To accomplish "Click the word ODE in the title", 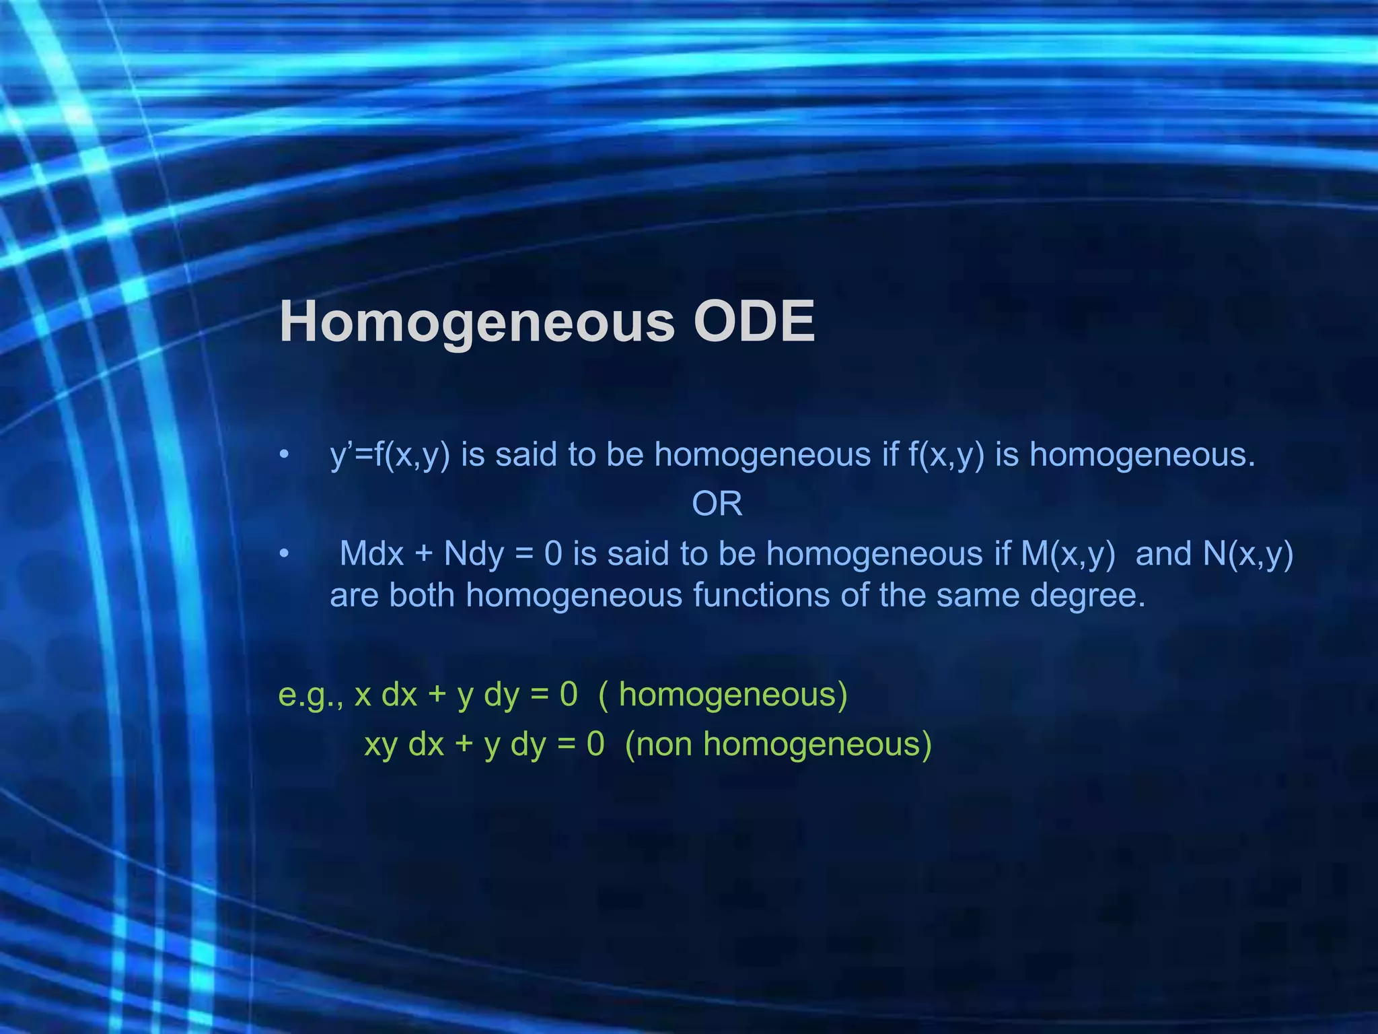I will coord(754,322).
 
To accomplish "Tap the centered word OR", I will coord(717,504).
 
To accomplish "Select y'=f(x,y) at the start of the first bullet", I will coord(390,455).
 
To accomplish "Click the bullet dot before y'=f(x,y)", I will coord(285,455).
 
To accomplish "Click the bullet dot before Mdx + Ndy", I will coord(285,554).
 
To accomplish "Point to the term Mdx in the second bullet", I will coord(371,554).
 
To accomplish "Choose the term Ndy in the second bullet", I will coord(474,554).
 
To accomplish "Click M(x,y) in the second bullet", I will coord(1068,554).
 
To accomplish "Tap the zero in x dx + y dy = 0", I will coord(568,695).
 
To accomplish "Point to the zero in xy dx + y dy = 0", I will coord(595,745).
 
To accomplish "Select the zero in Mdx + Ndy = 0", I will coord(553,554).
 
